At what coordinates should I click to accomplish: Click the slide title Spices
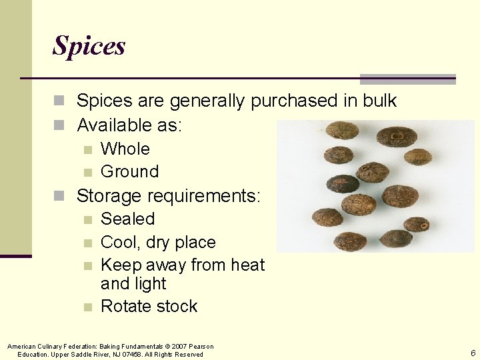89,45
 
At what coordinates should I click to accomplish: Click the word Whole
125,149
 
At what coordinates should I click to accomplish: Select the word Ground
129,171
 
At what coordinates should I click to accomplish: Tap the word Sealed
127,219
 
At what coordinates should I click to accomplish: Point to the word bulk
379,101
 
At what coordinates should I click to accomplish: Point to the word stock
175,306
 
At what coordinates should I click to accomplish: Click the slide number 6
473,353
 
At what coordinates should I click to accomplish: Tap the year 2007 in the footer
178,347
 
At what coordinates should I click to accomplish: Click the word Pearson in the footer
201,347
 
